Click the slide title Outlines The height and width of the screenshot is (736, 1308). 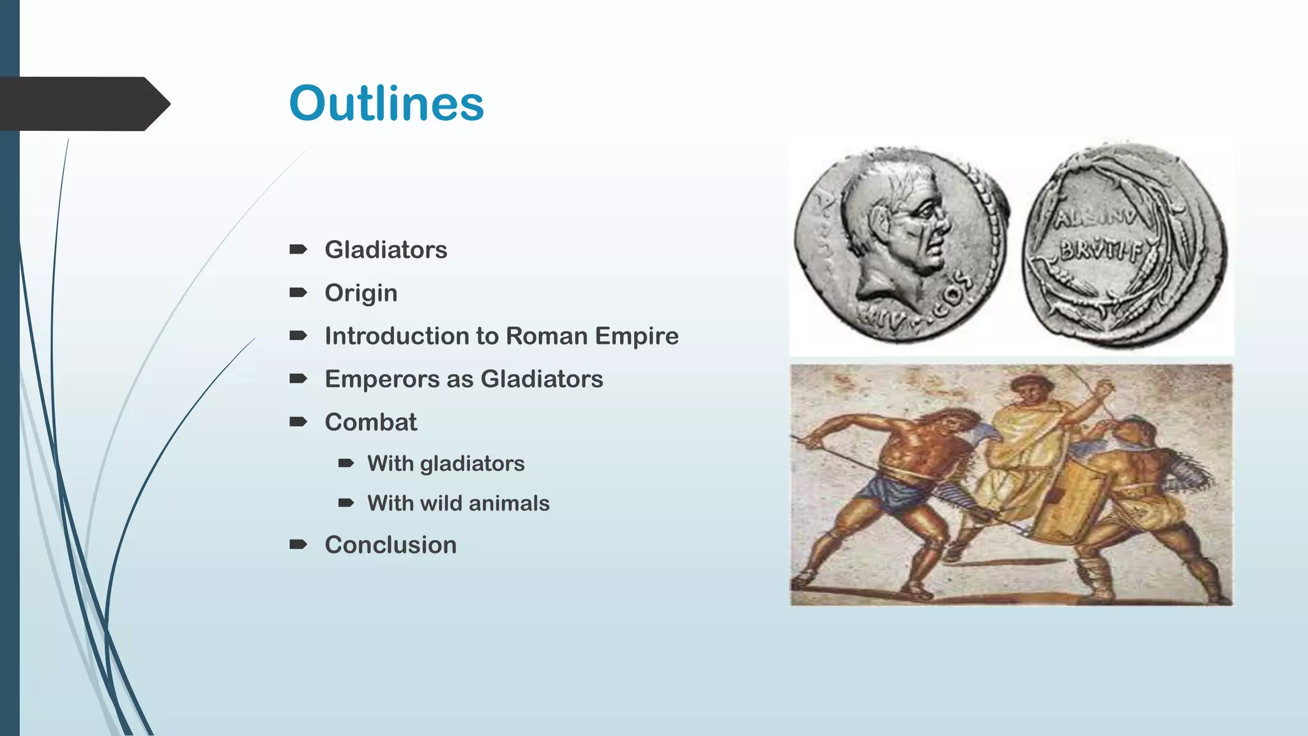pos(386,103)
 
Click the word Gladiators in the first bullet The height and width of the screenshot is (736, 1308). pos(386,250)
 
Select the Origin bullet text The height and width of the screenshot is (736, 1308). pos(361,293)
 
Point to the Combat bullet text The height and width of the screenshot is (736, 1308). pos(370,422)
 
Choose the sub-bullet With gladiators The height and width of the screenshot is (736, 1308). pos(446,464)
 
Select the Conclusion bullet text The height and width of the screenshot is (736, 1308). pos(390,545)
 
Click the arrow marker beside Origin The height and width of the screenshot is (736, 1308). pos(298,293)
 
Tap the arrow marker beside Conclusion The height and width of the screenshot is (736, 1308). pos(298,544)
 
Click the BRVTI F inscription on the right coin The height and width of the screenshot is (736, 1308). pos(1100,251)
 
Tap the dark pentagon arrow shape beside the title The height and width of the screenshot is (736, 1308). pos(83,103)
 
